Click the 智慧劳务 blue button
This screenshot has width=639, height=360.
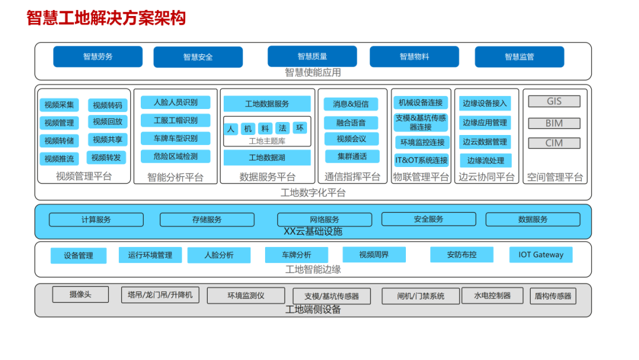point(98,57)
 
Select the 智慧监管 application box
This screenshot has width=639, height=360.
point(519,57)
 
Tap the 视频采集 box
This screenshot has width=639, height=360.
point(59,105)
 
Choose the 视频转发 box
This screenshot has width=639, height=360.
point(106,157)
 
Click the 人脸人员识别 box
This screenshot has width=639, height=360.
point(176,102)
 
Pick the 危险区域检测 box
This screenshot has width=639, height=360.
point(176,156)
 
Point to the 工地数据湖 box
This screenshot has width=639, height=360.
point(267,157)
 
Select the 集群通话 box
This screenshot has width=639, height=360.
point(352,156)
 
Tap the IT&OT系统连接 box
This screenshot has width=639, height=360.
point(421,160)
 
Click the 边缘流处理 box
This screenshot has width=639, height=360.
point(485,160)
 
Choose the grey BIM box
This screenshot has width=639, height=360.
point(554,123)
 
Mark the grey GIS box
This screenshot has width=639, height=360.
point(554,101)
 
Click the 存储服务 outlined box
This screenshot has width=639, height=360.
point(206,220)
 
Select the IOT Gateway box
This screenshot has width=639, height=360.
point(541,255)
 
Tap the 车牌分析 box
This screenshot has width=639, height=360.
point(296,255)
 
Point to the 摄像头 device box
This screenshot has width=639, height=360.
point(80,294)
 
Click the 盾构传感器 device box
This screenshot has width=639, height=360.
point(553,296)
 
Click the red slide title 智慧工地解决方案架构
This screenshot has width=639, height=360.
point(106,18)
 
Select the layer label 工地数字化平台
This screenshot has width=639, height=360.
point(313,193)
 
